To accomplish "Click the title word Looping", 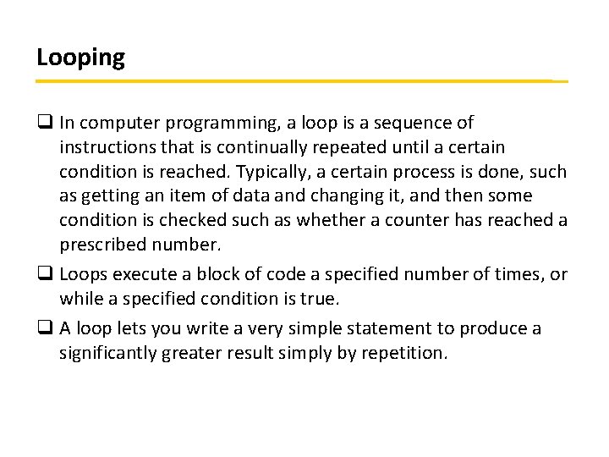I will (x=80, y=58).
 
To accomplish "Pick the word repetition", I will (x=402, y=353).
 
